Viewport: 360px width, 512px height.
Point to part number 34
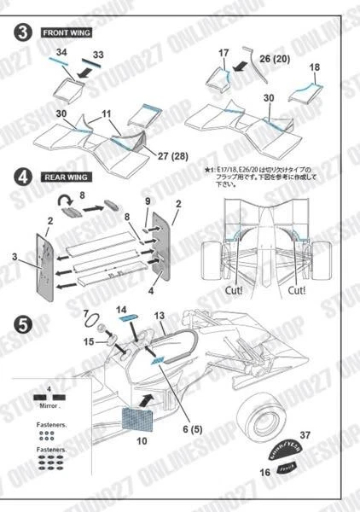coord(61,53)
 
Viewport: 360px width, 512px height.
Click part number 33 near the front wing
coord(98,55)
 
